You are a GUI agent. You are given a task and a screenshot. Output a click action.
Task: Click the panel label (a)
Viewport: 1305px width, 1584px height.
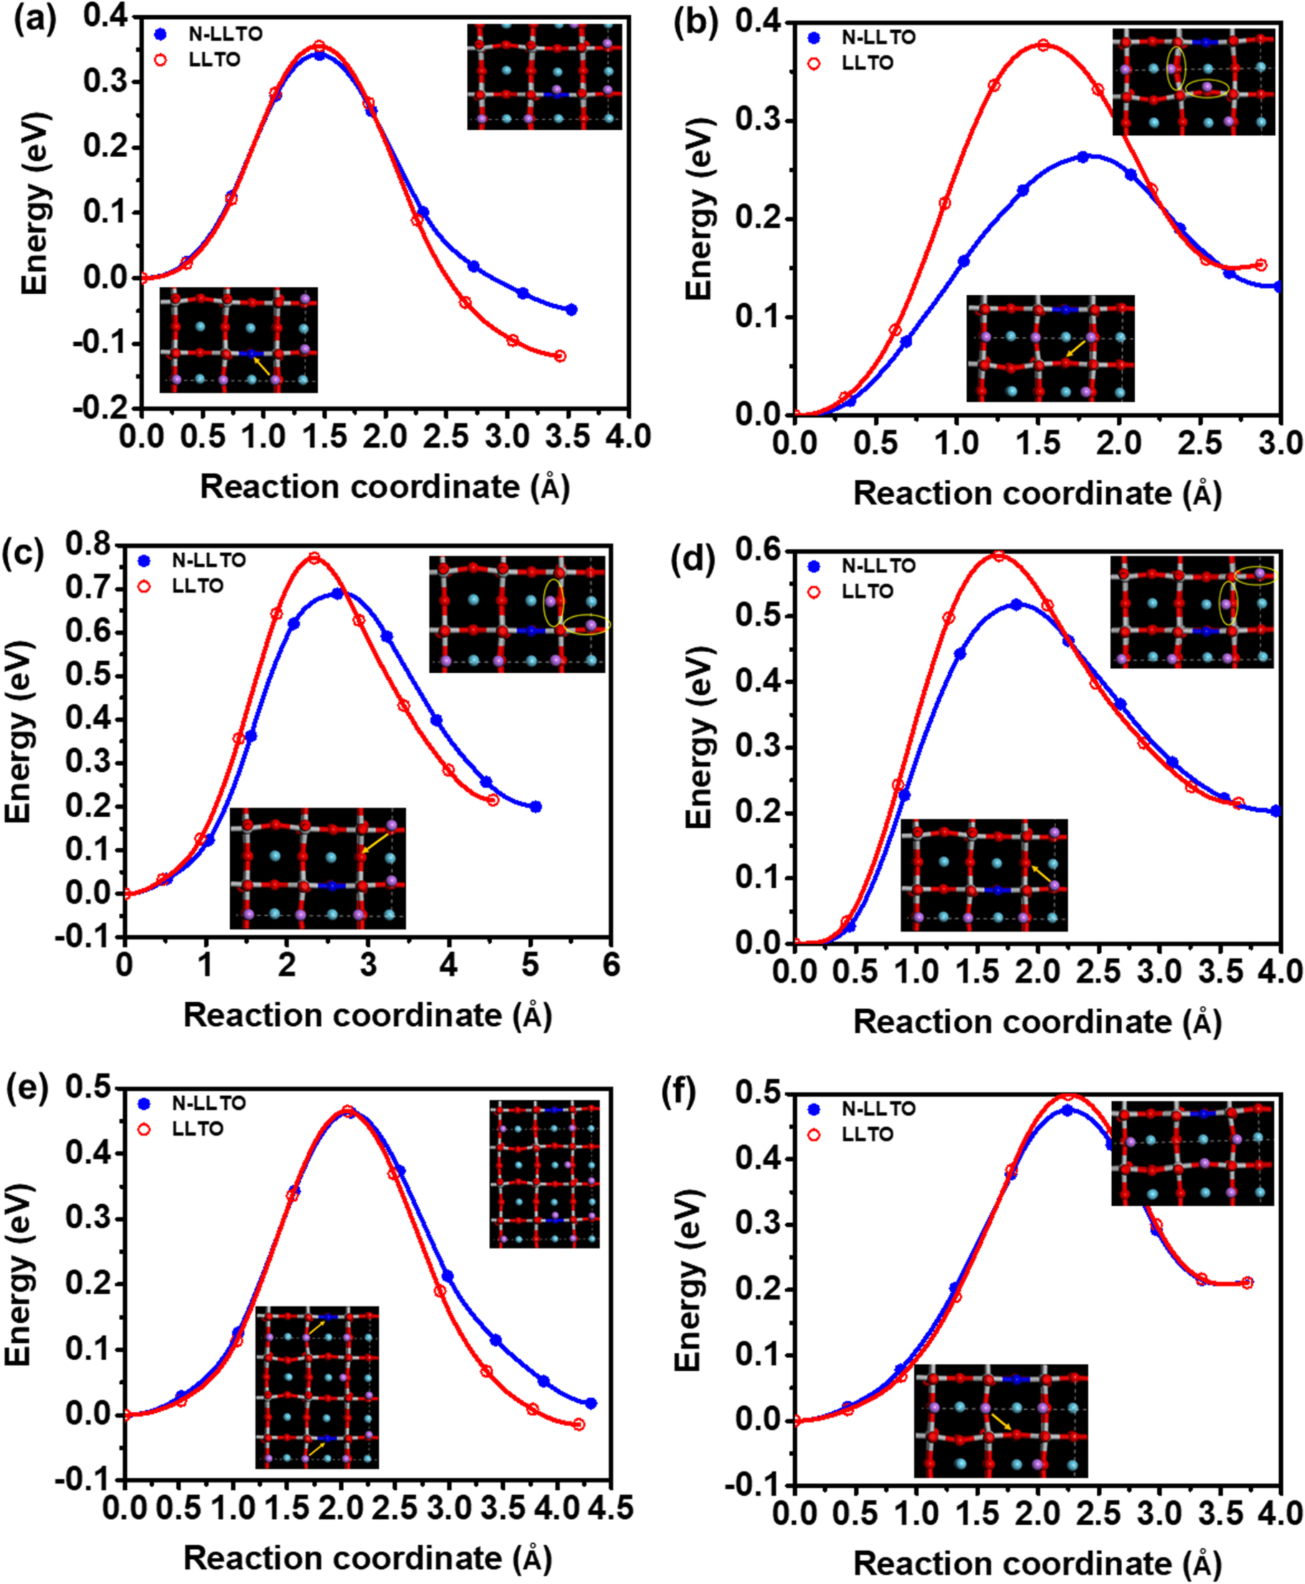(x=34, y=20)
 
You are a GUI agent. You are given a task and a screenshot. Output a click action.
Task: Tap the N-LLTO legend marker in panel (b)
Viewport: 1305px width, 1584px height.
(x=813, y=37)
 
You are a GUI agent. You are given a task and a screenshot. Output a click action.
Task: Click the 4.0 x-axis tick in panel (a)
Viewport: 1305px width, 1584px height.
(x=628, y=436)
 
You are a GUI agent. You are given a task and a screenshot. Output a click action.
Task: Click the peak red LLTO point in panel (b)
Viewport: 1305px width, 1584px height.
(x=1043, y=45)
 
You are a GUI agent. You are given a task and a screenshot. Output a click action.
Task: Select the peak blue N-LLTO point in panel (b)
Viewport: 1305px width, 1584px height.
(x=1083, y=156)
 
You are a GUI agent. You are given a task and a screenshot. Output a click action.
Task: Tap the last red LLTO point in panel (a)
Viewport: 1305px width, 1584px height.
(x=560, y=356)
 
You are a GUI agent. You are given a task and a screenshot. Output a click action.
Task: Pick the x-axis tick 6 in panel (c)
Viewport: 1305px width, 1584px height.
(x=611, y=965)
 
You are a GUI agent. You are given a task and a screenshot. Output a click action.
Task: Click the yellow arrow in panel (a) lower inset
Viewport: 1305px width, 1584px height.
(x=262, y=367)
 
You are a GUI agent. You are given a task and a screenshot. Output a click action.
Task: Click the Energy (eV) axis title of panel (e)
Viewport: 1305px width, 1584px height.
(x=18, y=1273)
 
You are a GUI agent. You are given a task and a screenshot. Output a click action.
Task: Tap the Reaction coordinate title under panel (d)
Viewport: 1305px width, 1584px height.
(x=1038, y=1022)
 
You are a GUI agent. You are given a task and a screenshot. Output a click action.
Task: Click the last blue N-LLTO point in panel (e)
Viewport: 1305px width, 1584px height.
(x=591, y=1403)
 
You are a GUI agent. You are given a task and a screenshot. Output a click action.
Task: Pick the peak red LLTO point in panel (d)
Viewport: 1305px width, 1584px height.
(x=998, y=556)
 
